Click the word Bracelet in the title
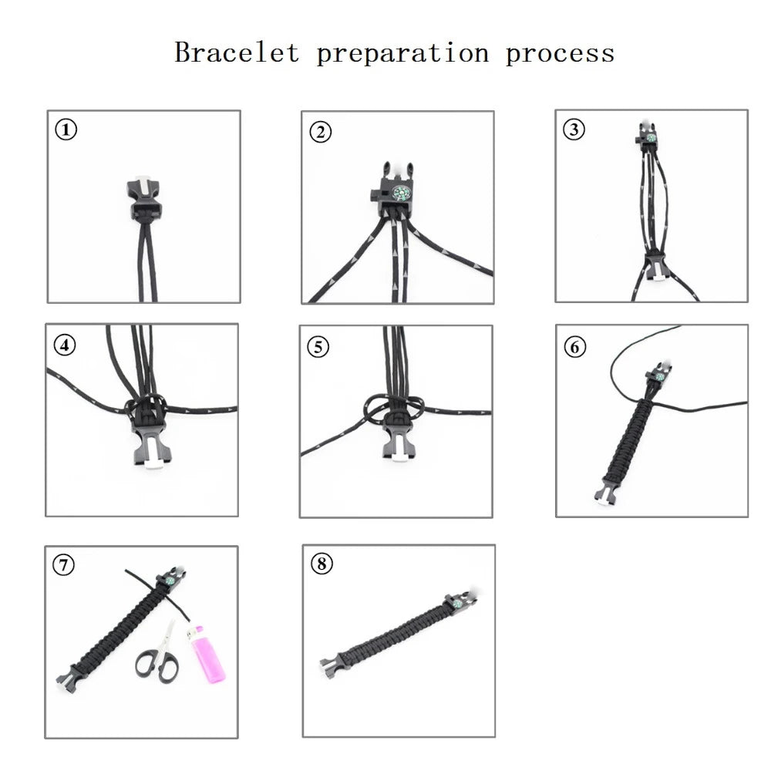coord(237,53)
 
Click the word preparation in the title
coord(402,53)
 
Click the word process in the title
coord(560,53)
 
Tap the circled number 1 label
coord(66,130)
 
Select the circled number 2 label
coord(320,132)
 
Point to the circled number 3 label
coord(574,129)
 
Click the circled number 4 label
coord(66,345)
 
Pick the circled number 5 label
coord(318,346)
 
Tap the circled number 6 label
coord(574,346)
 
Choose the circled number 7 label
coord(64,565)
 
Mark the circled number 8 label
coord(321,564)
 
